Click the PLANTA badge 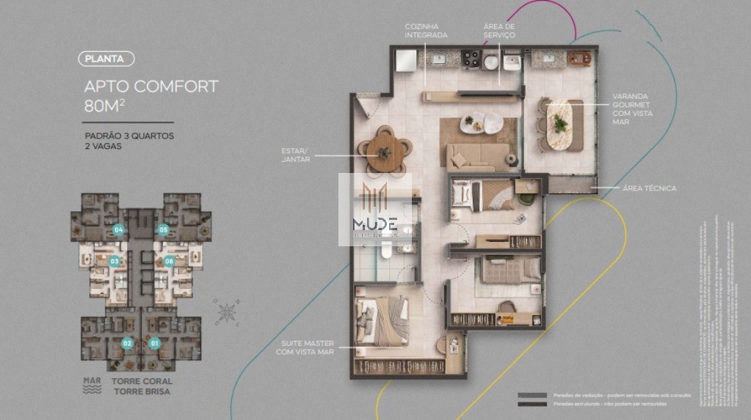[106, 59]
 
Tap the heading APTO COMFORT [151, 86]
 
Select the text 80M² [103, 105]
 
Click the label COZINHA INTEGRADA [426, 31]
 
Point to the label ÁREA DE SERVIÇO [499, 31]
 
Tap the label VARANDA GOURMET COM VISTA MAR [632, 108]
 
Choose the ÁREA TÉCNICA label [649, 188]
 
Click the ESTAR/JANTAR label [296, 155]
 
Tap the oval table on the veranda [560, 124]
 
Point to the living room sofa [478, 155]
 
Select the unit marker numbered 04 [118, 230]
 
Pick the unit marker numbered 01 [154, 343]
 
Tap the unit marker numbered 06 [169, 261]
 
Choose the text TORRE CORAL [142, 381]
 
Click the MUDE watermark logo [374, 209]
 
